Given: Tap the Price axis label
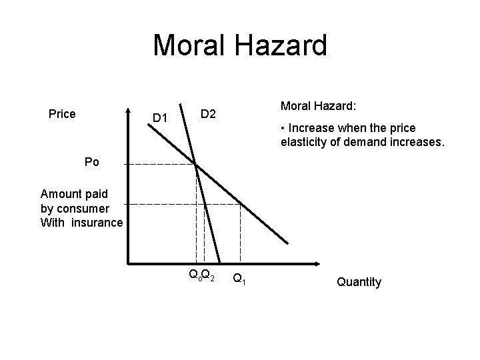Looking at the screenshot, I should pos(63,114).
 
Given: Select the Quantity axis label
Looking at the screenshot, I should pos(359,282).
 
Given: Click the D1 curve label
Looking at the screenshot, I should pos(159,119).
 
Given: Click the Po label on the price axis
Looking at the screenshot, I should pos(92,162).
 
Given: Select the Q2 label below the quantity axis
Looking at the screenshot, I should pos(208,275).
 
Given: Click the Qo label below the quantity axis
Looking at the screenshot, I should pos(195,275).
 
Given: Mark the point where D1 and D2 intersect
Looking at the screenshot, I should pos(196,164).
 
